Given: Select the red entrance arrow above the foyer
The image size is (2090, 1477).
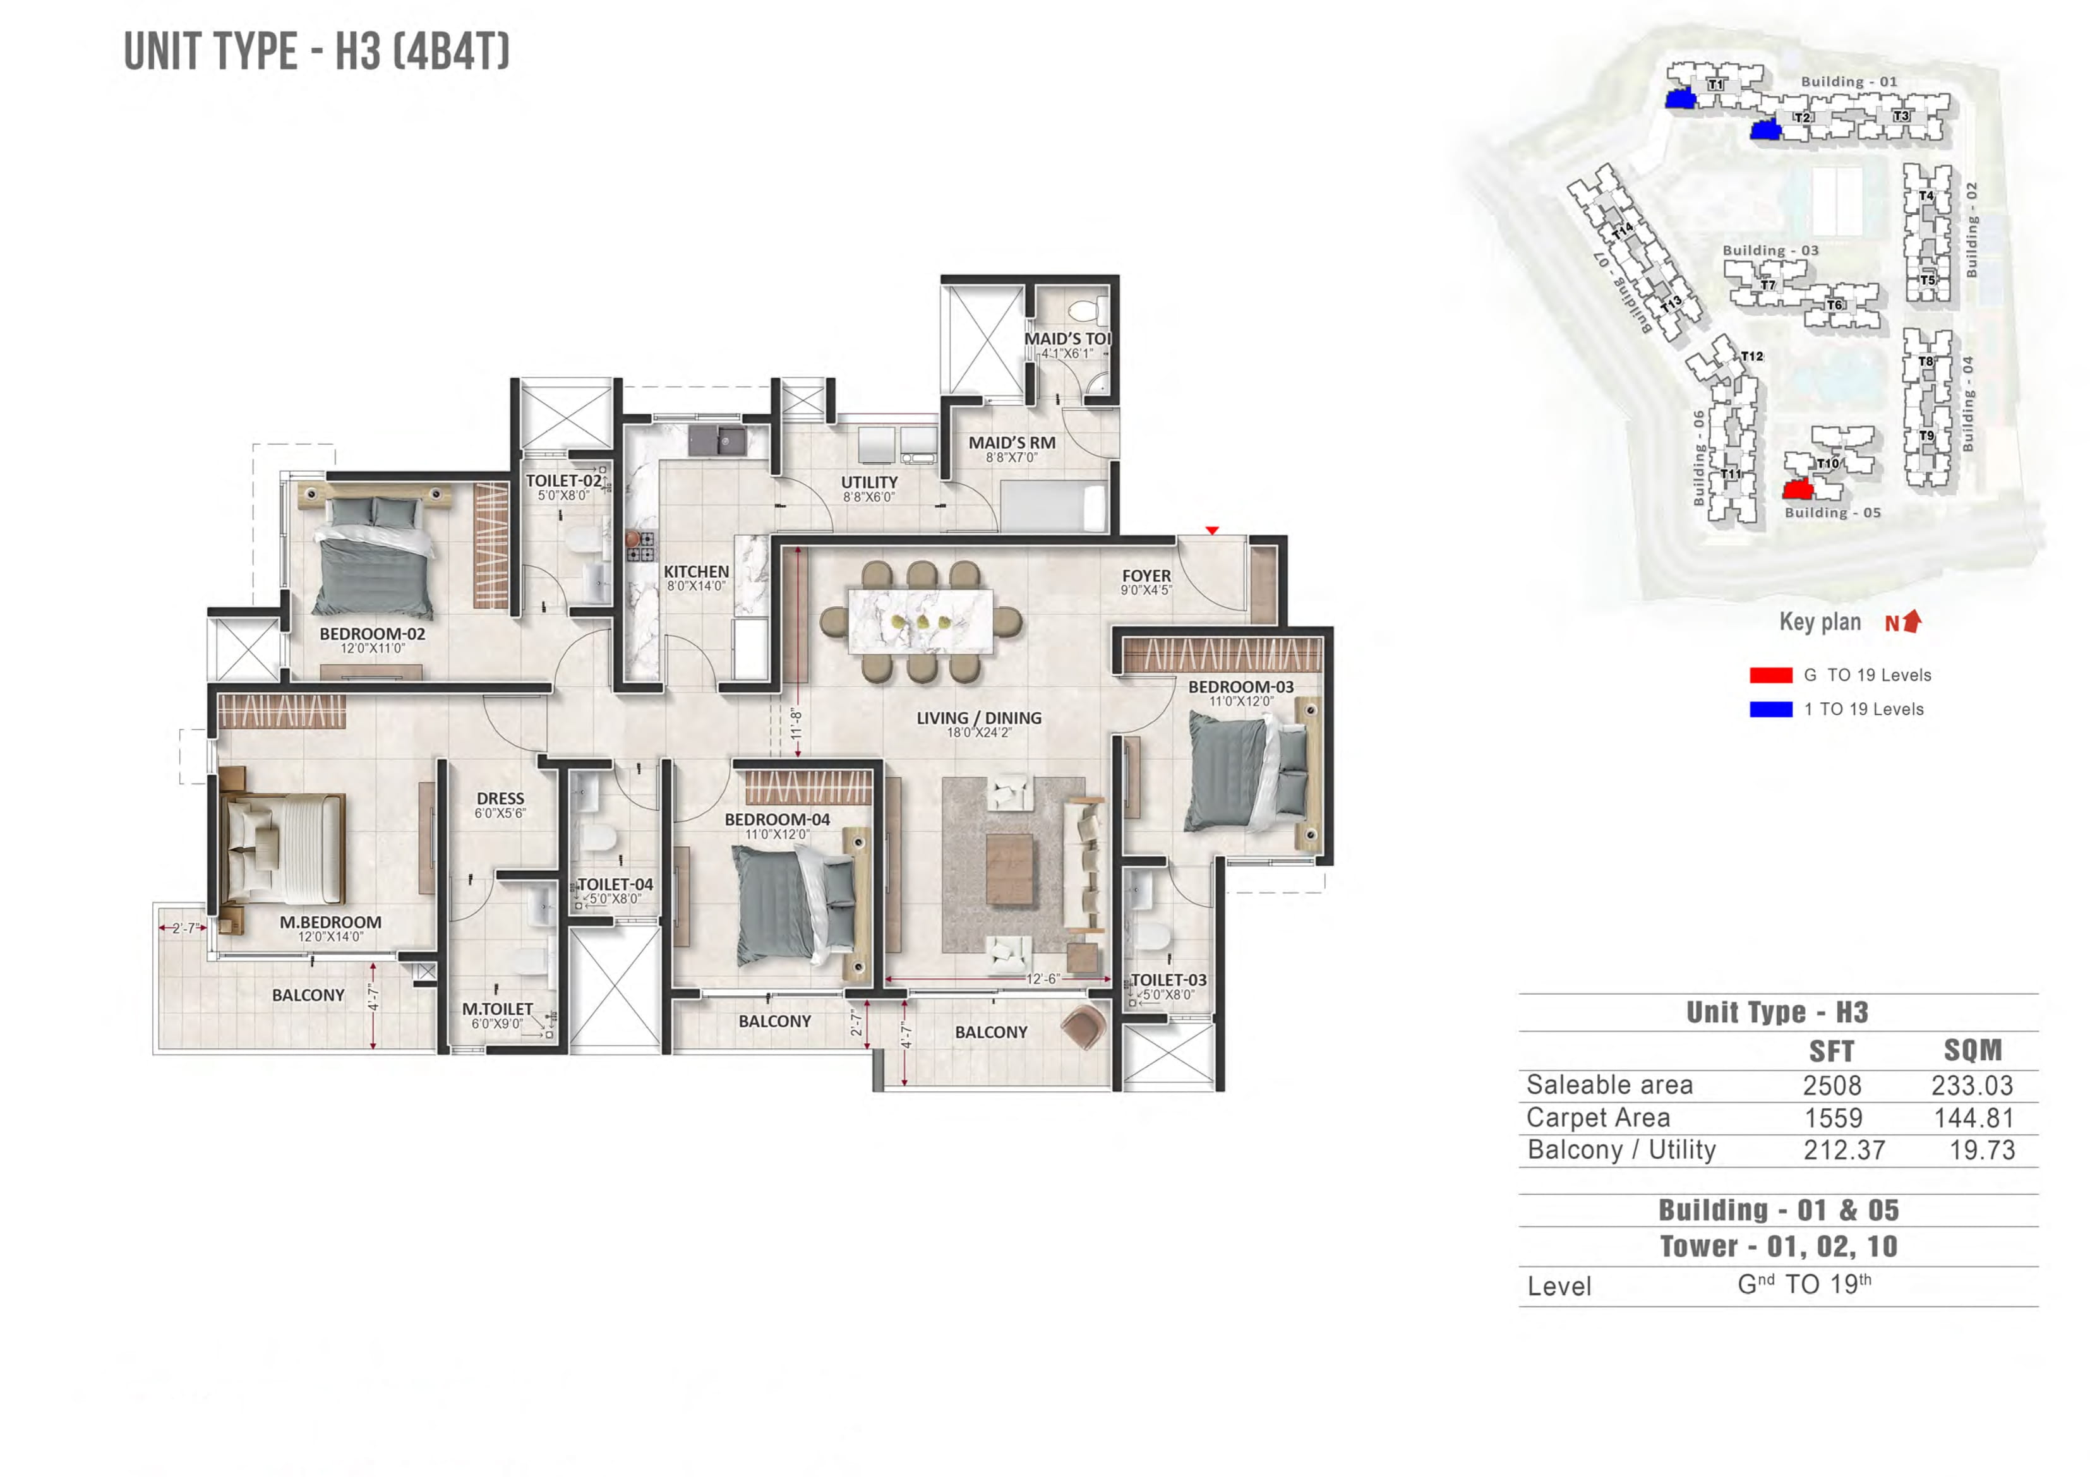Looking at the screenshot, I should pos(1211,530).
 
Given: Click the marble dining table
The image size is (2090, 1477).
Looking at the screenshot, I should pos(920,621).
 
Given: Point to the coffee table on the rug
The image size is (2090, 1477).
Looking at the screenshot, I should pos(1009,869).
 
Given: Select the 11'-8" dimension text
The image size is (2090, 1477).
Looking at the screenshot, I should pos(796,724).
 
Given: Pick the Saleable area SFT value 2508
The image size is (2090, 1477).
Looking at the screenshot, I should pos(1832,1085).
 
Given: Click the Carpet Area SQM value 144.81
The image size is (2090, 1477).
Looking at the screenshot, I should pos(1974,1118).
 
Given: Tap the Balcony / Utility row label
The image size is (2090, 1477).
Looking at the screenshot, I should pos(1621,1151).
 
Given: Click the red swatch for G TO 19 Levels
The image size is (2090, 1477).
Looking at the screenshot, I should pos(1770,675).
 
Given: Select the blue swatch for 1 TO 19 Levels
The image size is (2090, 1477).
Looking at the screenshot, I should pos(1770,710).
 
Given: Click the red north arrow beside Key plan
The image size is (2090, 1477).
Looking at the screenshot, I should pos(1913,621).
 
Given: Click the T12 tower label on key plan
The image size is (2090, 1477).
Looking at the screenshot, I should pos(1751,357).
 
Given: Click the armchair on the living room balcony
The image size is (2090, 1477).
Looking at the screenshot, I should pos(1083,1027).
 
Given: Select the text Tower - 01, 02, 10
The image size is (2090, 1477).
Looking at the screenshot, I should pos(1778,1247).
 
